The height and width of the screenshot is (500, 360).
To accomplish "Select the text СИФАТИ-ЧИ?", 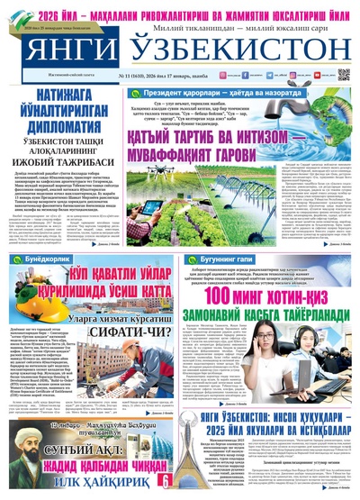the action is tap(126, 332).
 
